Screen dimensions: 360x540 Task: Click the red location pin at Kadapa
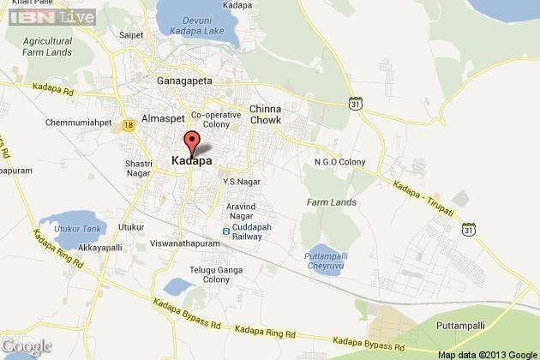(192, 141)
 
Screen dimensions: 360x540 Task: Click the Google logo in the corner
(27, 345)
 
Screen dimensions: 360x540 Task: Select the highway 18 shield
(128, 125)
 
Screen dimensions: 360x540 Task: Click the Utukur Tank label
(79, 230)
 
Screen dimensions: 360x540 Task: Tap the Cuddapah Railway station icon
(226, 230)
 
